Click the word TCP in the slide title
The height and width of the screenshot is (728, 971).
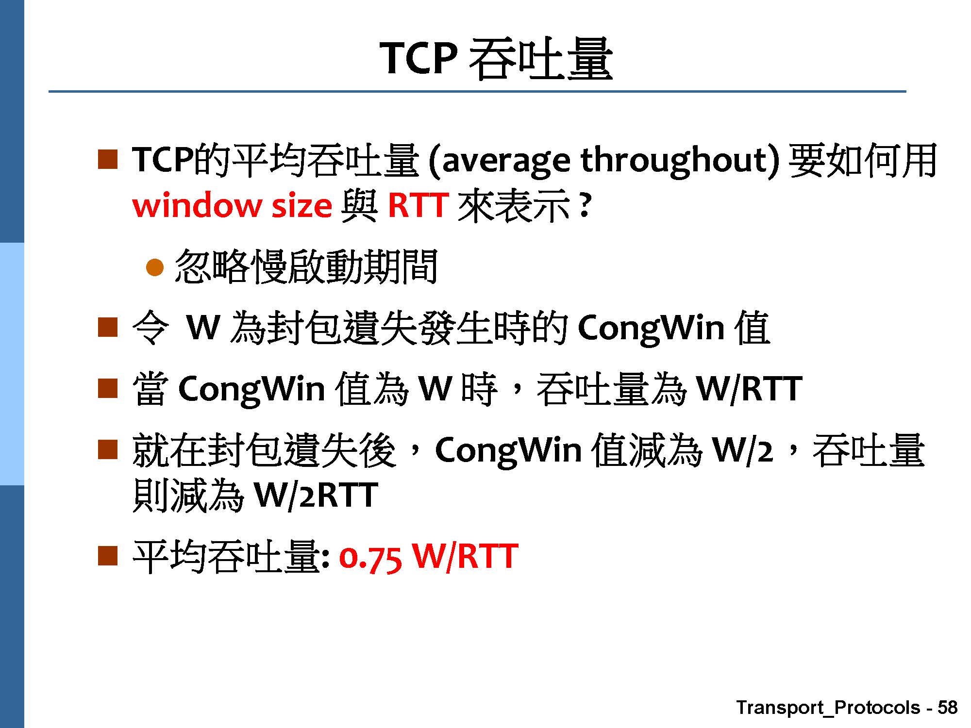tap(418, 58)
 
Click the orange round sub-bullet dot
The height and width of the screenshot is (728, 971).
tap(155, 267)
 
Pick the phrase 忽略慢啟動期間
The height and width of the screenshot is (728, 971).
tap(306, 266)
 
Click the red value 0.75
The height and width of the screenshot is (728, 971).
tap(370, 557)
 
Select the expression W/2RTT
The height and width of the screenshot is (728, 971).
tap(316, 496)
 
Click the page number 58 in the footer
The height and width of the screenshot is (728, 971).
tap(947, 708)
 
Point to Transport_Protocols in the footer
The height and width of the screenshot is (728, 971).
tap(828, 708)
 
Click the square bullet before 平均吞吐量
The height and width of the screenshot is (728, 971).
tap(108, 556)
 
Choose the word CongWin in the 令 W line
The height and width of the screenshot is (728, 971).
tap(651, 329)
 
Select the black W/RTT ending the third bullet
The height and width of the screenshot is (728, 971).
tap(749, 389)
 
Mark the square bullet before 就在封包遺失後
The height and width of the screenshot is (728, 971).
tap(108, 449)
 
